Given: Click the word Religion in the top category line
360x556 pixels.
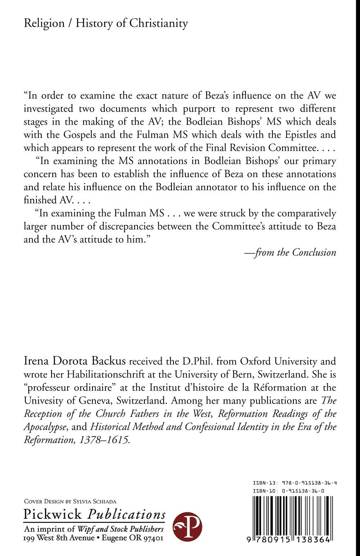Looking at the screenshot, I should click(x=44, y=23).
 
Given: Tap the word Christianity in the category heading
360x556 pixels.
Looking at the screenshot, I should click(x=159, y=23).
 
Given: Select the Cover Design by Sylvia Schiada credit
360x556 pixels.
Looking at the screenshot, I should click(x=70, y=501).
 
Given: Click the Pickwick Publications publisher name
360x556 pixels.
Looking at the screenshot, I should click(x=94, y=514).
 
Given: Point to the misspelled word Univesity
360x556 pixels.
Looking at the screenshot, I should click(x=45, y=401).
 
